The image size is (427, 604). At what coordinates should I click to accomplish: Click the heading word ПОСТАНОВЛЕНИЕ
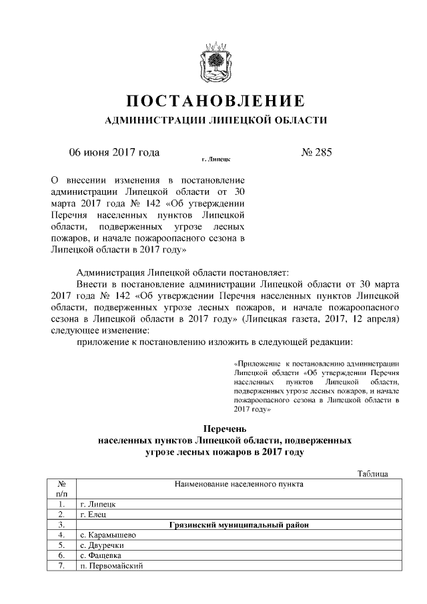pos(216,101)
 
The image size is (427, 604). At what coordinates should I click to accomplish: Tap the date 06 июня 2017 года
pos(114,152)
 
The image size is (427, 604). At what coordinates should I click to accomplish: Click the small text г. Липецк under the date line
pos(216,161)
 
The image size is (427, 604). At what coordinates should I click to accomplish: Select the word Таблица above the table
pos(372,473)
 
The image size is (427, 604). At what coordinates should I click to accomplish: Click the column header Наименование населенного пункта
pos(238,484)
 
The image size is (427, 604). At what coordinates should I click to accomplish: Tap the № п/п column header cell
pos(61,489)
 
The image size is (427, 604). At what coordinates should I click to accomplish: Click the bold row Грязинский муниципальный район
pos(238,525)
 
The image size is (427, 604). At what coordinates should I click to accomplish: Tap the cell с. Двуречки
pos(101,545)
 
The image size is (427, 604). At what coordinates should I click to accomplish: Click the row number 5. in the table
pos(61,545)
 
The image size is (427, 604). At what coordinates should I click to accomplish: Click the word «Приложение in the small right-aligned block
pos(256,364)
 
